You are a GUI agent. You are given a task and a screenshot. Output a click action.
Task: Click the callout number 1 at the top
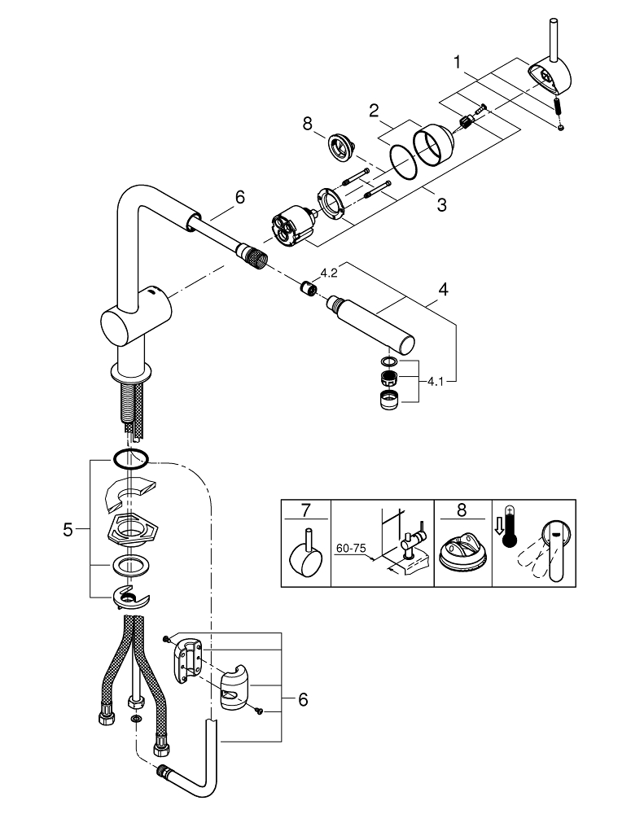point(458,61)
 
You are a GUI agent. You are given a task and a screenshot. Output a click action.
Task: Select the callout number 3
point(440,205)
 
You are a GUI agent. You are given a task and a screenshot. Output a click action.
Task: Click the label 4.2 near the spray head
point(329,274)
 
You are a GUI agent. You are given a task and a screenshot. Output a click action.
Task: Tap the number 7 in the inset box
point(306,511)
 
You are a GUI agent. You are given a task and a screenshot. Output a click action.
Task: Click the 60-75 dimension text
point(351,549)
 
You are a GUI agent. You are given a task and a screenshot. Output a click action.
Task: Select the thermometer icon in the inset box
point(510,537)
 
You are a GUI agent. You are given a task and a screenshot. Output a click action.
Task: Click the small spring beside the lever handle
point(559,107)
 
